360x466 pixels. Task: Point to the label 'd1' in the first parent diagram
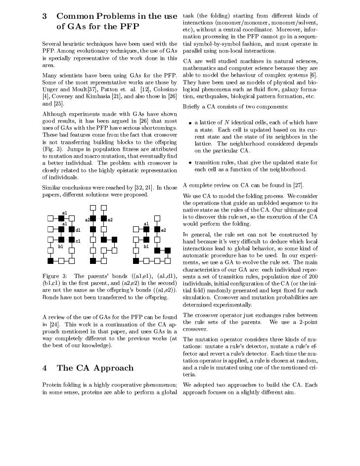point(78,230)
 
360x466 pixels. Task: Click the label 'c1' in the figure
point(78,240)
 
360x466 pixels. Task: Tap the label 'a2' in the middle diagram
point(87,219)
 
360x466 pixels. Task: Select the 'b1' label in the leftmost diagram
point(61,246)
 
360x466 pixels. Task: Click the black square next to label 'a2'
point(93,218)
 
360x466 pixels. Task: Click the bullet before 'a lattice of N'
point(190,123)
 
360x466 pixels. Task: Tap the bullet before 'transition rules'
point(190,163)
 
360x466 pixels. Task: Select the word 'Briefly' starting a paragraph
point(193,107)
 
